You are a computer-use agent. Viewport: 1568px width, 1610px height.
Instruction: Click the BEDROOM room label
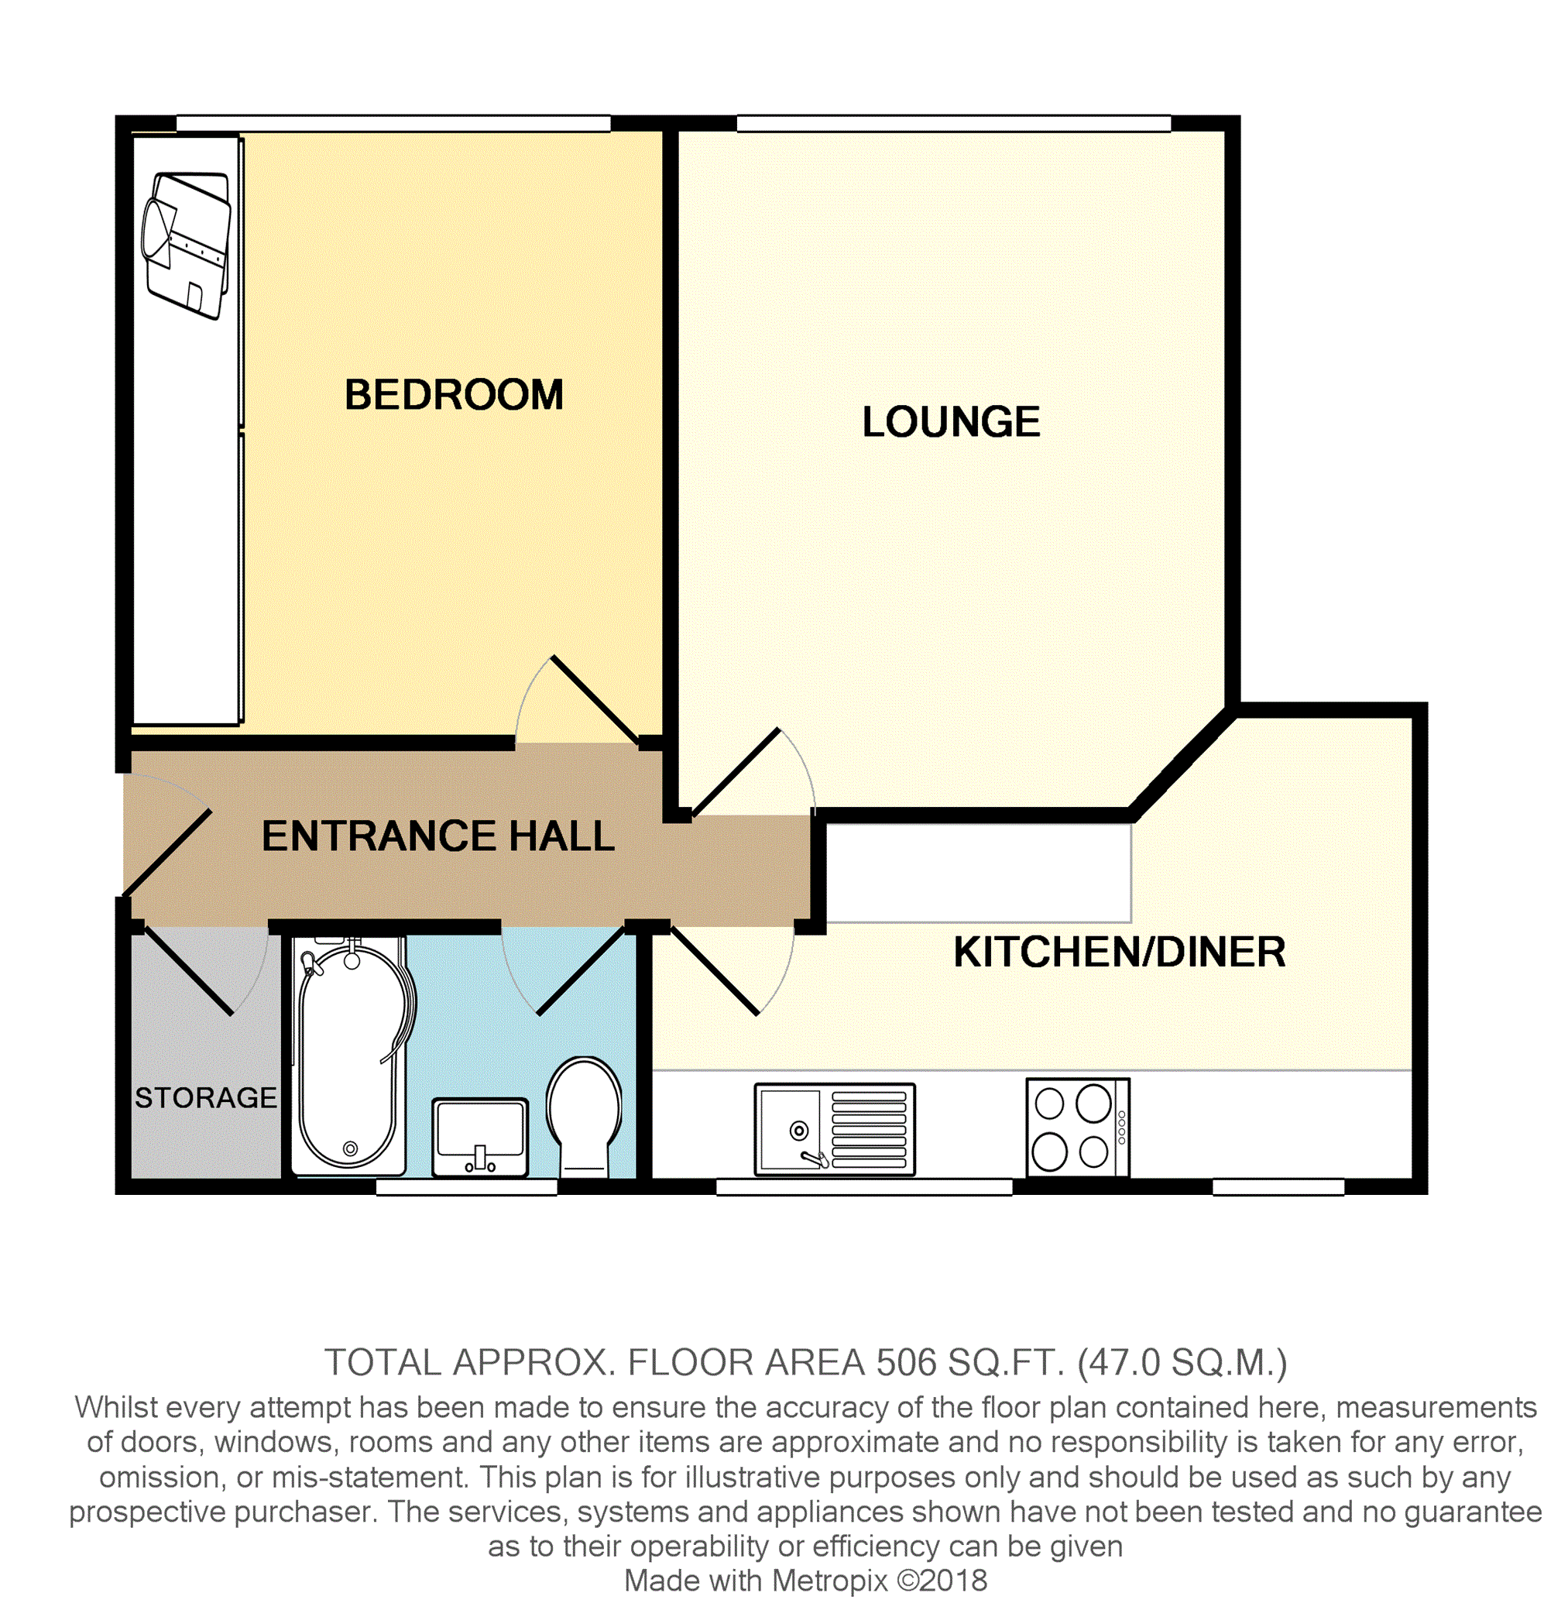[454, 394]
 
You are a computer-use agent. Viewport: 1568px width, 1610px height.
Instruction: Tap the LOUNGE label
[951, 421]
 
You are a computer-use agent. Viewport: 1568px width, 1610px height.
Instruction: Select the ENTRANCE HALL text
[438, 836]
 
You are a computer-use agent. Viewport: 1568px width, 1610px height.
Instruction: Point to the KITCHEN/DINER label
[1120, 952]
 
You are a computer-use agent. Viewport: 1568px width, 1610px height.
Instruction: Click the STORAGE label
[206, 1098]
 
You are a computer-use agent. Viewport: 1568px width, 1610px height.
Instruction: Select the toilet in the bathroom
[585, 1117]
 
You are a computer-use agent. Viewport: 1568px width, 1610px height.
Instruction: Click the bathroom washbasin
[480, 1138]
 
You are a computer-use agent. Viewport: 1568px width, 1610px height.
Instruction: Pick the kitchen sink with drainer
[835, 1129]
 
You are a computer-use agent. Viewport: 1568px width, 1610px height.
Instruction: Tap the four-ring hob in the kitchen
[1078, 1128]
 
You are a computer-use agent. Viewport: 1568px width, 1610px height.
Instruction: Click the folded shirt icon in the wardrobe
[186, 245]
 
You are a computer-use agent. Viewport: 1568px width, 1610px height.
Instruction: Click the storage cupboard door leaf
[189, 971]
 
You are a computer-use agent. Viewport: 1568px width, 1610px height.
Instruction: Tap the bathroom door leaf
[582, 971]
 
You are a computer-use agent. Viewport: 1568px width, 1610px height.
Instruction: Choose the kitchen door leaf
[715, 971]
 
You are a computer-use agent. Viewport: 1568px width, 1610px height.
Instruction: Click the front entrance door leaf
[167, 853]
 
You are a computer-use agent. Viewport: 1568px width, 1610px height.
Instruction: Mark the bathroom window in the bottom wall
[467, 1186]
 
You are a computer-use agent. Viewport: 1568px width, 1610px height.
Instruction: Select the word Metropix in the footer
[830, 1581]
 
